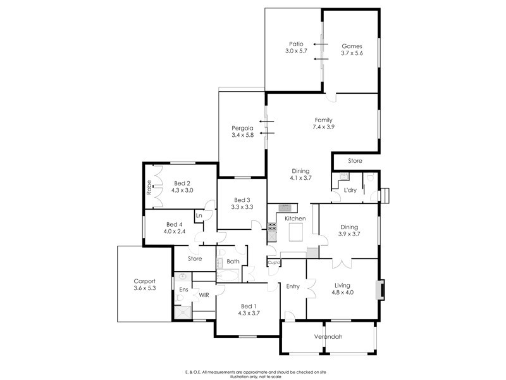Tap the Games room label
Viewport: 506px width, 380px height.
352,46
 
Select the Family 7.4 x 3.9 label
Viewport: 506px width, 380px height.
323,120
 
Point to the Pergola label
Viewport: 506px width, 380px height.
242,128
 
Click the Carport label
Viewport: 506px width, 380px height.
144,282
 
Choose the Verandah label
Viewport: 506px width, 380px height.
328,336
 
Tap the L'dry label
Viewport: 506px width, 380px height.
350,190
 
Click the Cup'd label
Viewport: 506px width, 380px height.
274,262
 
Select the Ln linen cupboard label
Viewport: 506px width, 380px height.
199,215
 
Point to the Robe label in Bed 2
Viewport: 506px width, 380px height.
149,187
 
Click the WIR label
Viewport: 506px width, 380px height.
204,294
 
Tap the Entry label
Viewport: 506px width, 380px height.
293,286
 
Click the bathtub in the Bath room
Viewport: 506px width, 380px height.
227,276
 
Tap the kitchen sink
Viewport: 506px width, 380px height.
285,206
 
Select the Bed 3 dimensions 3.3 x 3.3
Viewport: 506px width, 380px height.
243,206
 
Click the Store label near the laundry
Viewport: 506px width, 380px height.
355,161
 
